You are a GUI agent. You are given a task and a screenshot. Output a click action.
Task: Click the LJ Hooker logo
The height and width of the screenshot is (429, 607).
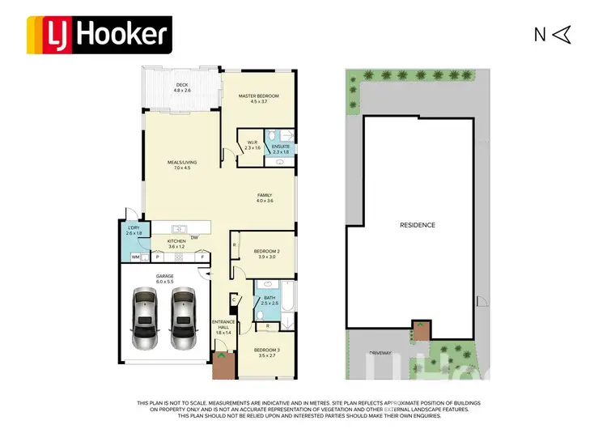pyautogui.click(x=99, y=33)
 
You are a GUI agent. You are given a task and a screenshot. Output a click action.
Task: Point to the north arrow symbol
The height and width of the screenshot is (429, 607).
pyautogui.click(x=563, y=34)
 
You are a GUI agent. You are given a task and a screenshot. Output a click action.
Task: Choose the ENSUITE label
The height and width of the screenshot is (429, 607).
pyautogui.click(x=281, y=148)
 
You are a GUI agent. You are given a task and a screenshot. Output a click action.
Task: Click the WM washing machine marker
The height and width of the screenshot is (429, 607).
pyautogui.click(x=135, y=257)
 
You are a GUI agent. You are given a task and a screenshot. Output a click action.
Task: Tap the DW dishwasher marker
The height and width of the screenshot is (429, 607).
pyautogui.click(x=194, y=237)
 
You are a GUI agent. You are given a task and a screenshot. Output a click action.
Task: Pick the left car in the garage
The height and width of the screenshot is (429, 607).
pyautogui.click(x=145, y=320)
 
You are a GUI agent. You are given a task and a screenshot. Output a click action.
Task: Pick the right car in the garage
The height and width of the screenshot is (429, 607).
pyautogui.click(x=184, y=320)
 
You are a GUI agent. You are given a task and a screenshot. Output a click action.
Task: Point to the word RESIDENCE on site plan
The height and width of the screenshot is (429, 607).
pyautogui.click(x=418, y=225)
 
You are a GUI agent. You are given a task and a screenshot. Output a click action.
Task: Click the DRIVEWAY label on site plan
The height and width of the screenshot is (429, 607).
pyautogui.click(x=380, y=353)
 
